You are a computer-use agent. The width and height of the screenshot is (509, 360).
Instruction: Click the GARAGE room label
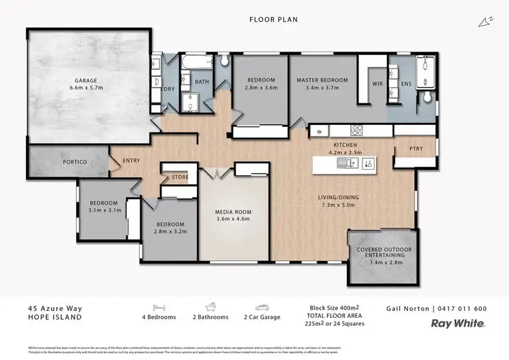[86, 80]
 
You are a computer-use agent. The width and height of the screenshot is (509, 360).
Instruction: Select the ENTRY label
[132, 161]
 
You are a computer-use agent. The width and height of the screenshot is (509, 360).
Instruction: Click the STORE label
[179, 177]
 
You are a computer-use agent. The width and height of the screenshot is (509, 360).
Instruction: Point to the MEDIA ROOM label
[232, 211]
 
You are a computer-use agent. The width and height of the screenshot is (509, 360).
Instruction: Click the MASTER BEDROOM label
[322, 80]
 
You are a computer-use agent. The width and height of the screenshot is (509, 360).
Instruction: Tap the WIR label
[378, 84]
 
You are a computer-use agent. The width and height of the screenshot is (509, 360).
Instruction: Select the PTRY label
[416, 149]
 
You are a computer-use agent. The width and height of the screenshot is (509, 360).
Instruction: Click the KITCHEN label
[345, 145]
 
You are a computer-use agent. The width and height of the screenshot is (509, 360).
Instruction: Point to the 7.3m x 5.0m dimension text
[339, 205]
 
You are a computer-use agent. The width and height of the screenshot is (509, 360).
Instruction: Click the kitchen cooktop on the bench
[358, 130]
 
